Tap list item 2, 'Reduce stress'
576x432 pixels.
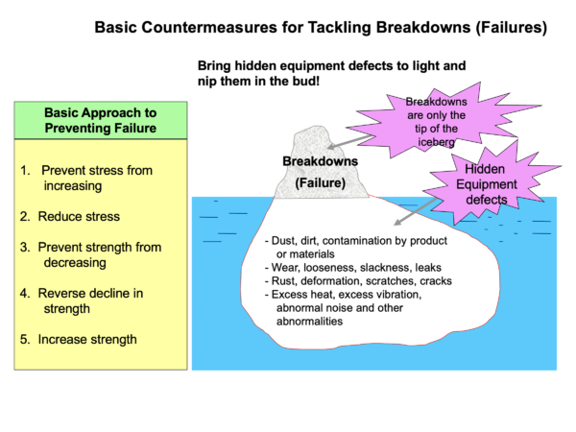(x=68, y=217)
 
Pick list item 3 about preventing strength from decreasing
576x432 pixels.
(x=89, y=254)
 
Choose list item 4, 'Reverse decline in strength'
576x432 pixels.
(x=85, y=300)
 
